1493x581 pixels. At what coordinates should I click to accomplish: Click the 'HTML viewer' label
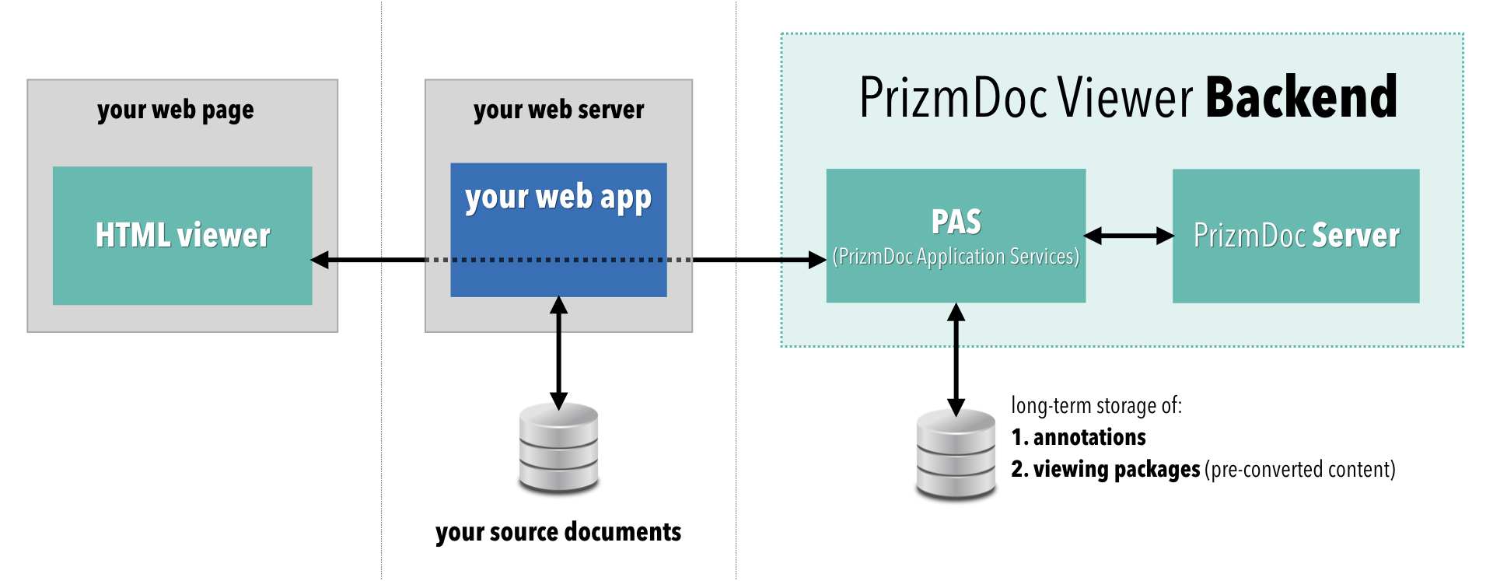(x=183, y=235)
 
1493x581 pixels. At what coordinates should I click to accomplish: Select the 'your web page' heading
(x=176, y=110)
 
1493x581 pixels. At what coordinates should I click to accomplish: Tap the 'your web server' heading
(x=558, y=110)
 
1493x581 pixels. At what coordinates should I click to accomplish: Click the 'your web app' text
(x=558, y=198)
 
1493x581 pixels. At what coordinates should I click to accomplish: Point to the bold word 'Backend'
(x=1301, y=98)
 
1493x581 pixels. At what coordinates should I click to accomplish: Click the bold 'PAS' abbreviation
(x=956, y=222)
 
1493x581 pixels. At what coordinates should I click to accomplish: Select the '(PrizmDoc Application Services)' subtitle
(x=956, y=257)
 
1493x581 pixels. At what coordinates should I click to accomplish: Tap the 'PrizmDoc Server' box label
(x=1296, y=235)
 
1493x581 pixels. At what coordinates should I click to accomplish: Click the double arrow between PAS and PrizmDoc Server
(x=1128, y=235)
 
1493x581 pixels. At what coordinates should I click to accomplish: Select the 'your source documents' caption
(x=558, y=532)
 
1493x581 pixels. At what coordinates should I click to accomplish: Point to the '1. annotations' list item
(x=1079, y=437)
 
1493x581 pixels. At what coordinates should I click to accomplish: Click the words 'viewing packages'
(x=1117, y=469)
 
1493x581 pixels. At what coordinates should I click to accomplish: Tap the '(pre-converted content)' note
(x=1299, y=469)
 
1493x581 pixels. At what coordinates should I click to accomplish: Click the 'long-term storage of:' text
(x=1096, y=405)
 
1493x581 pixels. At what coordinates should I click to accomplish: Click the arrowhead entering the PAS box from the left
(x=816, y=260)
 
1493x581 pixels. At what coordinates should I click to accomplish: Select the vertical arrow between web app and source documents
(x=558, y=354)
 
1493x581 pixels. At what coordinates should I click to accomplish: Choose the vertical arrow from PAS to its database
(x=956, y=359)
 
